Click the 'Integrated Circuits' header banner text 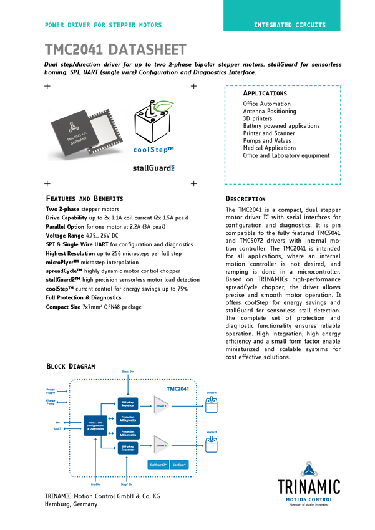pyautogui.click(x=289, y=25)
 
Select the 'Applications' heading pyautogui.click(x=265, y=93)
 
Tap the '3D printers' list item pyautogui.click(x=258, y=118)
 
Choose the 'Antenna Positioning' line pyautogui.click(x=270, y=111)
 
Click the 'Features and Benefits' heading pyautogui.click(x=85, y=198)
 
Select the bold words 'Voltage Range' pyautogui.click(x=64, y=236)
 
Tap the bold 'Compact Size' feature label pyautogui.click(x=63, y=307)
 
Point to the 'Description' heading pyautogui.click(x=245, y=199)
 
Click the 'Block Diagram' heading pyautogui.click(x=71, y=366)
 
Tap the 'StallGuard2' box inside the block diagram pyautogui.click(x=158, y=465)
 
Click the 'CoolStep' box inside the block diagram pyautogui.click(x=180, y=465)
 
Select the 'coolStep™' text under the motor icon pyautogui.click(x=153, y=149)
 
